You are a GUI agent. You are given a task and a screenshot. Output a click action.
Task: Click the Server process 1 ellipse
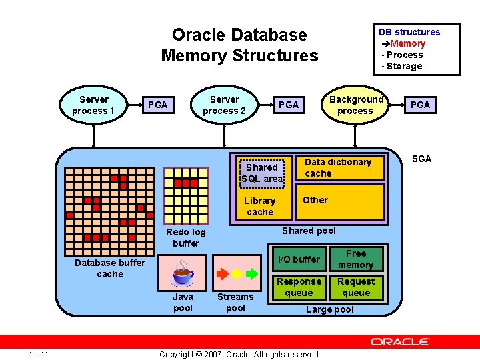[x=93, y=105]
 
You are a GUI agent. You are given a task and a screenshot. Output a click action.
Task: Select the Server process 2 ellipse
[x=224, y=105]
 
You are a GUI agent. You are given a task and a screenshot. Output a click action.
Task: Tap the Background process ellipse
[x=355, y=105]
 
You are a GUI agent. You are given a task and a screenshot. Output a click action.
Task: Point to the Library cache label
[x=260, y=207]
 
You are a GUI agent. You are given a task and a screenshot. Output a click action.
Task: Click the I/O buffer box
[x=299, y=259]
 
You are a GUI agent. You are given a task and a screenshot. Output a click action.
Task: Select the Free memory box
[x=356, y=259]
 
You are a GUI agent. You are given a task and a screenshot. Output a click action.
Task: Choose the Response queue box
[x=299, y=287]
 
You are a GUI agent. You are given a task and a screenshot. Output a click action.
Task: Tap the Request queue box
[x=356, y=287]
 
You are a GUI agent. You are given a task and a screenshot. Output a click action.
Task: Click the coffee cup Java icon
[x=182, y=273]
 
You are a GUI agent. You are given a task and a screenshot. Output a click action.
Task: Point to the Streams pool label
[x=235, y=302]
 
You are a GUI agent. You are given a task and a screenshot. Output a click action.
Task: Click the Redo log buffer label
[x=186, y=237]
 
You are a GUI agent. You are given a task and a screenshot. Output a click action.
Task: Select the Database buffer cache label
[x=110, y=268]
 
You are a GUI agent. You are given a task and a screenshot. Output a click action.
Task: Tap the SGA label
[x=421, y=159]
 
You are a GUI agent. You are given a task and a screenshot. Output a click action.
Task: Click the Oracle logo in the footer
[x=400, y=341]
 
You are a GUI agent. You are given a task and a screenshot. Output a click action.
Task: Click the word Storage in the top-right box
[x=404, y=66]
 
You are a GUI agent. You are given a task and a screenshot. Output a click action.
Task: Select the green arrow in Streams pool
[x=251, y=274]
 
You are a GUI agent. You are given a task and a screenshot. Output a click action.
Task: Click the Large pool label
[x=330, y=309]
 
